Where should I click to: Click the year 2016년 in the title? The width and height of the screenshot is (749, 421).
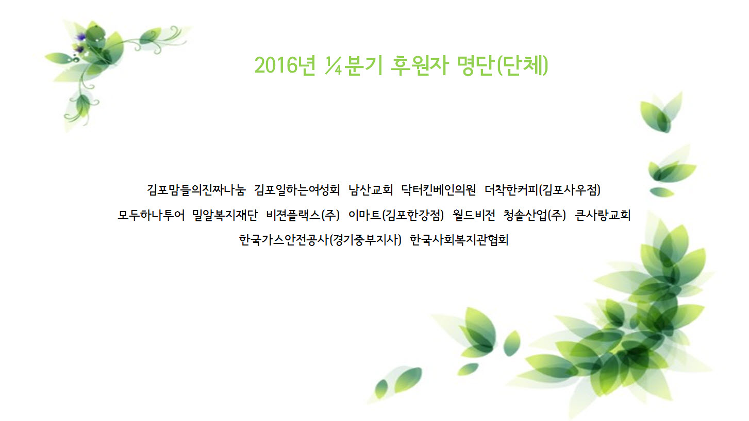[285, 65]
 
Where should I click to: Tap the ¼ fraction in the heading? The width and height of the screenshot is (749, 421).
[333, 65]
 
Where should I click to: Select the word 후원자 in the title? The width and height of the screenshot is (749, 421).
[419, 65]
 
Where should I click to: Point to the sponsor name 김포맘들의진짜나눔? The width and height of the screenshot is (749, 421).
[196, 190]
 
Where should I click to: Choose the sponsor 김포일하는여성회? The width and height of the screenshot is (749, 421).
[297, 190]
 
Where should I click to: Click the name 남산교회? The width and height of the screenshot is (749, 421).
[371, 190]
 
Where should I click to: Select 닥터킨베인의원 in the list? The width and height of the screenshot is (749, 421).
[439, 190]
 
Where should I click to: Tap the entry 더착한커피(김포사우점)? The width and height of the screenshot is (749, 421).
[543, 190]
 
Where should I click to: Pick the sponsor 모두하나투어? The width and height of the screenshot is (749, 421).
[151, 215]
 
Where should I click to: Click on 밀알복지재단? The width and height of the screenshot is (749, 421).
[225, 215]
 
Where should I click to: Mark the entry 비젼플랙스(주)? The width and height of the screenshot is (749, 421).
[303, 215]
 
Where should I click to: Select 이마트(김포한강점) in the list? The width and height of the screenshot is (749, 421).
[396, 215]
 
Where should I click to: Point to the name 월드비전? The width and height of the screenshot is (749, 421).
[474, 215]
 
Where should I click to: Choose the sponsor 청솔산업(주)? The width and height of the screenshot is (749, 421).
[535, 215]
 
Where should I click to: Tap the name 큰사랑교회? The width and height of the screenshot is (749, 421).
[603, 215]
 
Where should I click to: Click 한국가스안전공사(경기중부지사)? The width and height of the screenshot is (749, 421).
[320, 240]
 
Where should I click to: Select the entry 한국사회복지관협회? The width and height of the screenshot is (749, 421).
[459, 240]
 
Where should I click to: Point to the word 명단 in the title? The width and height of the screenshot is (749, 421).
[475, 65]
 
